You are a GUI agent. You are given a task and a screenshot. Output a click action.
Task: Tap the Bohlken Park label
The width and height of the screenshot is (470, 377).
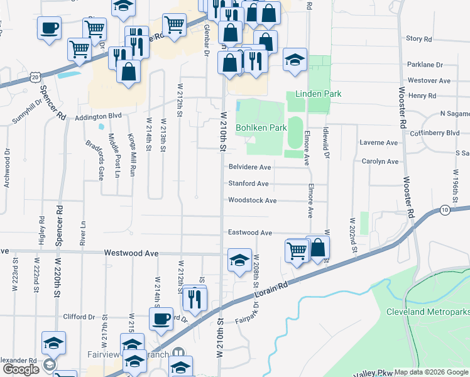[x=261, y=128]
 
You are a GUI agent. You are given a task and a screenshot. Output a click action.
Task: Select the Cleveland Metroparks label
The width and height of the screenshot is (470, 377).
[x=427, y=312]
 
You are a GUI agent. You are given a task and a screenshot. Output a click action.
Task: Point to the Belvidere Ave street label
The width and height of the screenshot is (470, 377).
[x=249, y=167]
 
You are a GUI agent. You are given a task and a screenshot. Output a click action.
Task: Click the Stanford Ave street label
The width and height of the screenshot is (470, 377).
[x=248, y=183]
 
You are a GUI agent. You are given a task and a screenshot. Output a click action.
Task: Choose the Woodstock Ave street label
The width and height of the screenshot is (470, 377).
[x=252, y=200]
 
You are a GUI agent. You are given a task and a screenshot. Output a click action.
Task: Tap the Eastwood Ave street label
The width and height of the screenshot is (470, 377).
[x=249, y=232]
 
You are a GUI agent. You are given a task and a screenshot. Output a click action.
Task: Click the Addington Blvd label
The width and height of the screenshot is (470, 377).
[x=97, y=117]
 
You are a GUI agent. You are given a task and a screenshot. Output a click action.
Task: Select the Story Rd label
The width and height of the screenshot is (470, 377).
[x=419, y=39]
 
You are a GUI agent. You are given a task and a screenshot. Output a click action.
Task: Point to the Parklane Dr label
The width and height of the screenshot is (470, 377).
[x=425, y=65]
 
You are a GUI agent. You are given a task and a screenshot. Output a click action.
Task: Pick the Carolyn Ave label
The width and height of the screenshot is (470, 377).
[x=380, y=161]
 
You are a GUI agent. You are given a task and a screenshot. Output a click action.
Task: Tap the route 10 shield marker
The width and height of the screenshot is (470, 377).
[x=445, y=210]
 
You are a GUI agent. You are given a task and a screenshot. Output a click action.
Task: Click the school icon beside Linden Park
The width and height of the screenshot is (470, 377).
[x=295, y=60]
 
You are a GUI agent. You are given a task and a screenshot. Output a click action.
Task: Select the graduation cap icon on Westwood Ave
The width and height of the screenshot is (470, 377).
[x=239, y=261]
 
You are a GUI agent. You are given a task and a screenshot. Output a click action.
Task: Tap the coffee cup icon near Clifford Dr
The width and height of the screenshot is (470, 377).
[x=161, y=319]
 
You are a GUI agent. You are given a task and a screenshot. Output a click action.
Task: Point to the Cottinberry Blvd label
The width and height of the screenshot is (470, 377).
[x=435, y=133]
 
